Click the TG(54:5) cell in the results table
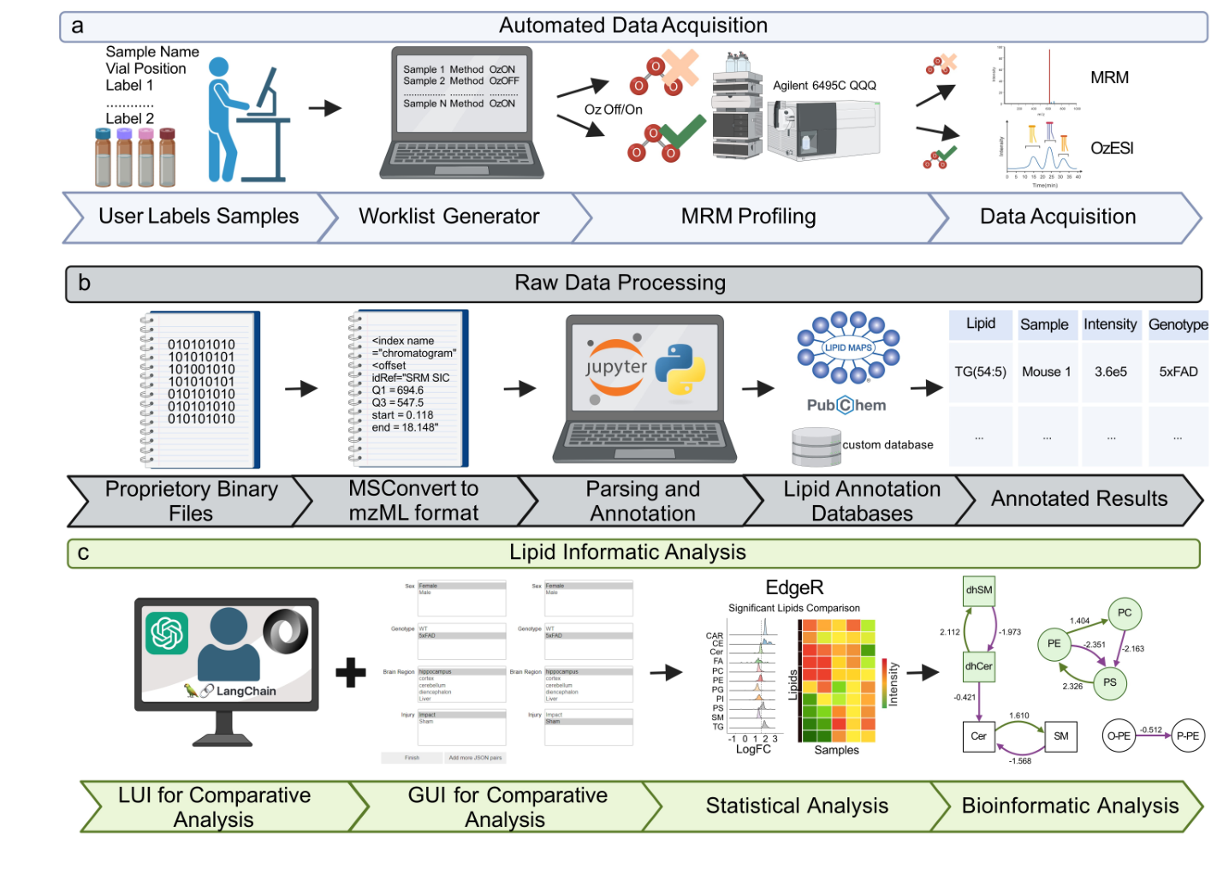pos(980,372)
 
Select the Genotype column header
pos(1178,324)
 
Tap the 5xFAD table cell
pos(1178,372)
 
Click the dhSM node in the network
pos(979,590)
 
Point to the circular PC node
pos(1125,612)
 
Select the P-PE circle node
pos(1187,735)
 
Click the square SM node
pos(1060,735)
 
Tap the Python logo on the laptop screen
pos(680,369)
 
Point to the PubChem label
pos(846,405)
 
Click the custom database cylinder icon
pos(816,446)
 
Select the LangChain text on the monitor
pos(246,691)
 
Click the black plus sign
pos(351,672)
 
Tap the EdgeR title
pos(794,587)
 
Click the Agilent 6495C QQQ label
pos(824,86)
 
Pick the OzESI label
pos(1112,148)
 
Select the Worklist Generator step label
pos(448,217)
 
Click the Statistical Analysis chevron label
pos(797,806)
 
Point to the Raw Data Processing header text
pos(620,283)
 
